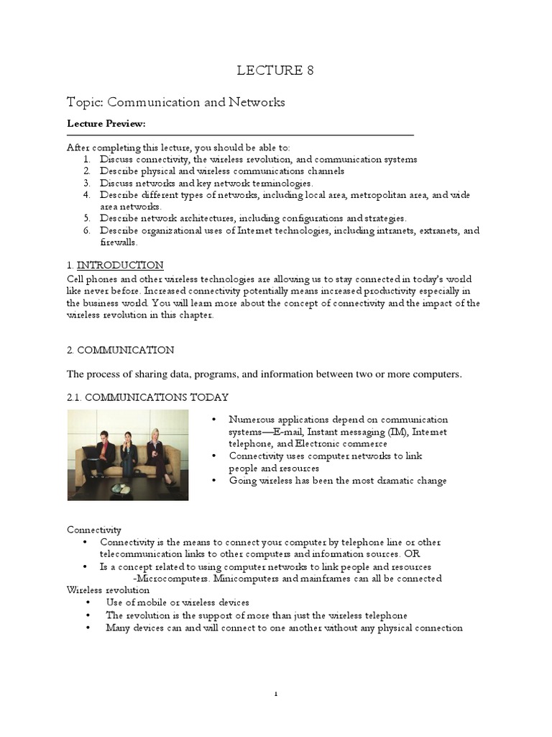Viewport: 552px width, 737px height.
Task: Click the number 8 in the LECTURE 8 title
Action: pos(310,71)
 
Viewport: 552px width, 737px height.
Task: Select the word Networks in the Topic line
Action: pos(257,102)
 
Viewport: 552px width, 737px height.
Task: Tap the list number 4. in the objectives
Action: pos(86,194)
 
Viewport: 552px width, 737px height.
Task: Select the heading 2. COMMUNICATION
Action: pos(121,351)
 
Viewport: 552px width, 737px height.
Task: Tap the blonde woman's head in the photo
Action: pos(155,435)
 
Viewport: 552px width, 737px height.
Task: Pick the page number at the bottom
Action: pos(276,694)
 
